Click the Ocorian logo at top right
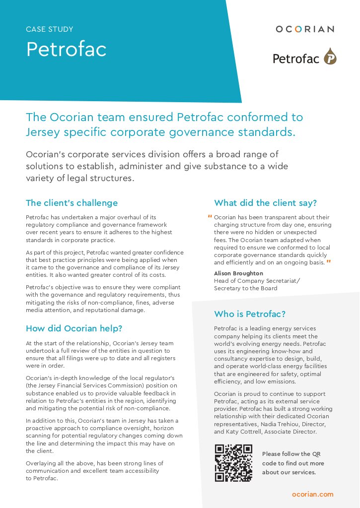click(x=304, y=29)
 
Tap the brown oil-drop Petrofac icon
click(x=330, y=57)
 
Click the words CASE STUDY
click(x=50, y=29)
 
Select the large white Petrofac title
click(x=66, y=49)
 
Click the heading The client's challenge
click(x=72, y=203)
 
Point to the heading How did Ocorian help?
click(x=74, y=328)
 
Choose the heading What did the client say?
click(x=265, y=203)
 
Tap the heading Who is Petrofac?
click(x=250, y=314)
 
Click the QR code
click(x=233, y=463)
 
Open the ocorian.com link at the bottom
click(x=313, y=494)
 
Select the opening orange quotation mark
click(x=210, y=217)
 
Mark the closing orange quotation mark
click(x=329, y=261)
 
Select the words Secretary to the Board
click(x=246, y=288)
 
